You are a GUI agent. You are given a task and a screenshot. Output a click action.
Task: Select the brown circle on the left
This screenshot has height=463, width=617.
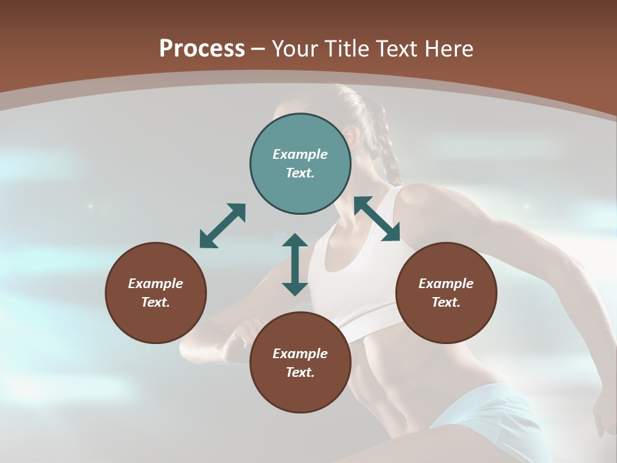tap(156, 293)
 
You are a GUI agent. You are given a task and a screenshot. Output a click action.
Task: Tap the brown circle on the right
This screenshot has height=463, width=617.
tap(446, 293)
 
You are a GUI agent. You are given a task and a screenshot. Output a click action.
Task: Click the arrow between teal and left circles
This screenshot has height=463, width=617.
tap(222, 226)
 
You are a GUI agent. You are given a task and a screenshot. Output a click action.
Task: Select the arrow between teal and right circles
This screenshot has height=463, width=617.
tap(377, 219)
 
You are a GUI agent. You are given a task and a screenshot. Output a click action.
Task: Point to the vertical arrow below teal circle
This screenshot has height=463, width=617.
tap(295, 264)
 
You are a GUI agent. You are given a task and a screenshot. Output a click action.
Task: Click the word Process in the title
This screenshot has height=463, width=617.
tap(202, 48)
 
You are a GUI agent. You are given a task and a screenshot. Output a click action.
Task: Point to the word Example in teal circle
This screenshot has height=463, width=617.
tap(300, 154)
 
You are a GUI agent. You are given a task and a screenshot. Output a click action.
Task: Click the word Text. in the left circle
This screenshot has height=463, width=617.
tap(156, 302)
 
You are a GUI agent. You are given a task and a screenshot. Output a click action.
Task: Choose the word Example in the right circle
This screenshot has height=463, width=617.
tap(446, 284)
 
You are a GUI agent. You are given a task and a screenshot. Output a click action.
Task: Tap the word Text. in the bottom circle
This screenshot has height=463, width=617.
tap(300, 372)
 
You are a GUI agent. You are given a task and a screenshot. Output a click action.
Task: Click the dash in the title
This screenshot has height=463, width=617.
tap(258, 49)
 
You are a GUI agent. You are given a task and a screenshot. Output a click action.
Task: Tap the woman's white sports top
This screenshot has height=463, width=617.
tap(360, 270)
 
